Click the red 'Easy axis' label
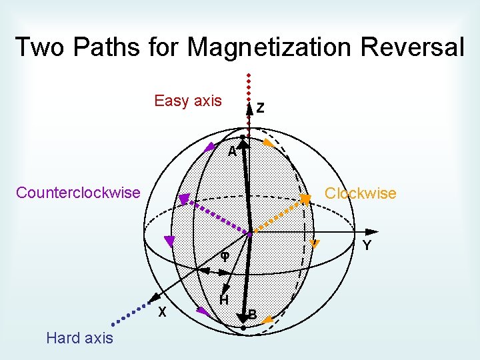click(188, 101)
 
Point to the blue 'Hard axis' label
click(79, 338)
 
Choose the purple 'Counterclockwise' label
click(78, 193)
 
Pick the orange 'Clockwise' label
click(360, 193)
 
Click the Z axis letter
click(260, 107)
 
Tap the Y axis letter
click(367, 246)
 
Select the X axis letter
click(161, 313)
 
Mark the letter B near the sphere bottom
click(253, 314)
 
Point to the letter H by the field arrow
click(225, 299)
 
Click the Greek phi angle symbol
click(225, 256)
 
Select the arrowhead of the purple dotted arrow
click(183, 199)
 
